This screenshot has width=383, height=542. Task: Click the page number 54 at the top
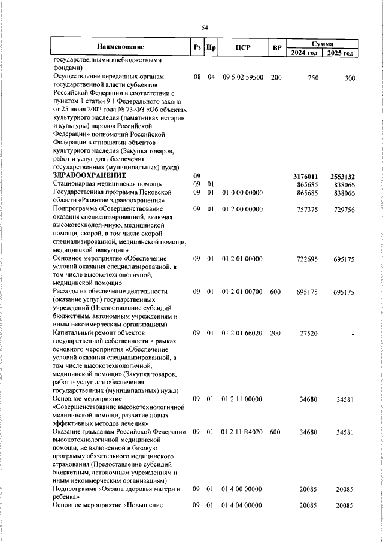coord(205,28)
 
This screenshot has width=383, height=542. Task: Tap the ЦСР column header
coord(242,47)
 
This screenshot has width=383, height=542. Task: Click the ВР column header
coord(276,47)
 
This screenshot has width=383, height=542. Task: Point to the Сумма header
coord(323,43)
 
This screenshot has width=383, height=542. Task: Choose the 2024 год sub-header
coord(304,53)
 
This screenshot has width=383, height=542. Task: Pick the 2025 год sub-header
coord(340,53)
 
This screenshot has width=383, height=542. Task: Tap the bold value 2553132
coord(342,177)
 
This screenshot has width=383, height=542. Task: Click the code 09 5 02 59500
coord(242,77)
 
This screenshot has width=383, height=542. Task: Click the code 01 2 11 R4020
coord(242,431)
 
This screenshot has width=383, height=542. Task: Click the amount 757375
coord(306,209)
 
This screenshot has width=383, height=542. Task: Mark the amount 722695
coord(306,259)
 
